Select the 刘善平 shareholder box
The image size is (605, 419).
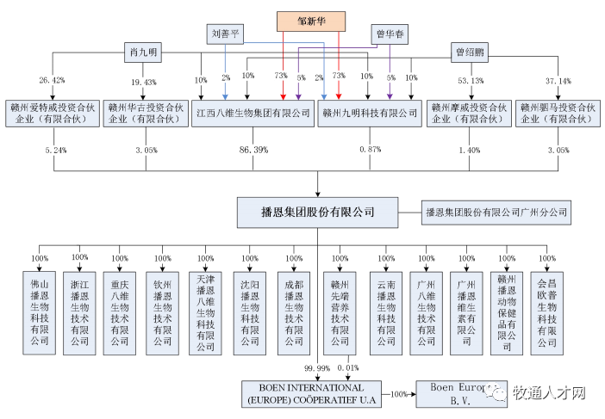pos(227,34)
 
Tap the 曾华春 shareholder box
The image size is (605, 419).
pos(390,34)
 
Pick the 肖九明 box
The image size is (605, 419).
pos(142,52)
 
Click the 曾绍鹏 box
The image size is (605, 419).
pos(471,52)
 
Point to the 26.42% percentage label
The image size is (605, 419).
pos(52,81)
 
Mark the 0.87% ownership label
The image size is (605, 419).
pos(368,150)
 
